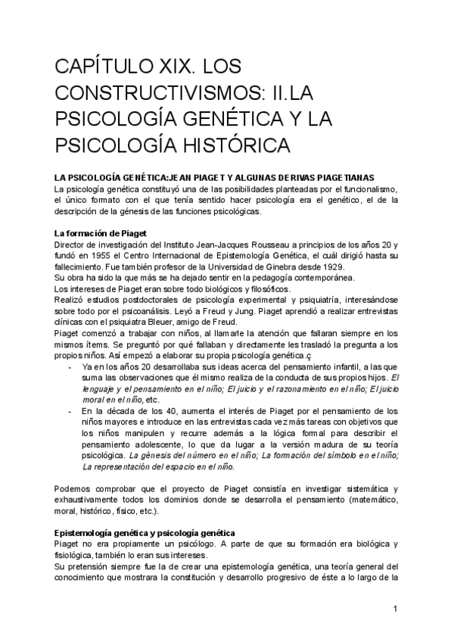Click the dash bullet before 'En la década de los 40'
[70, 410]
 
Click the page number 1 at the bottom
[395, 609]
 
